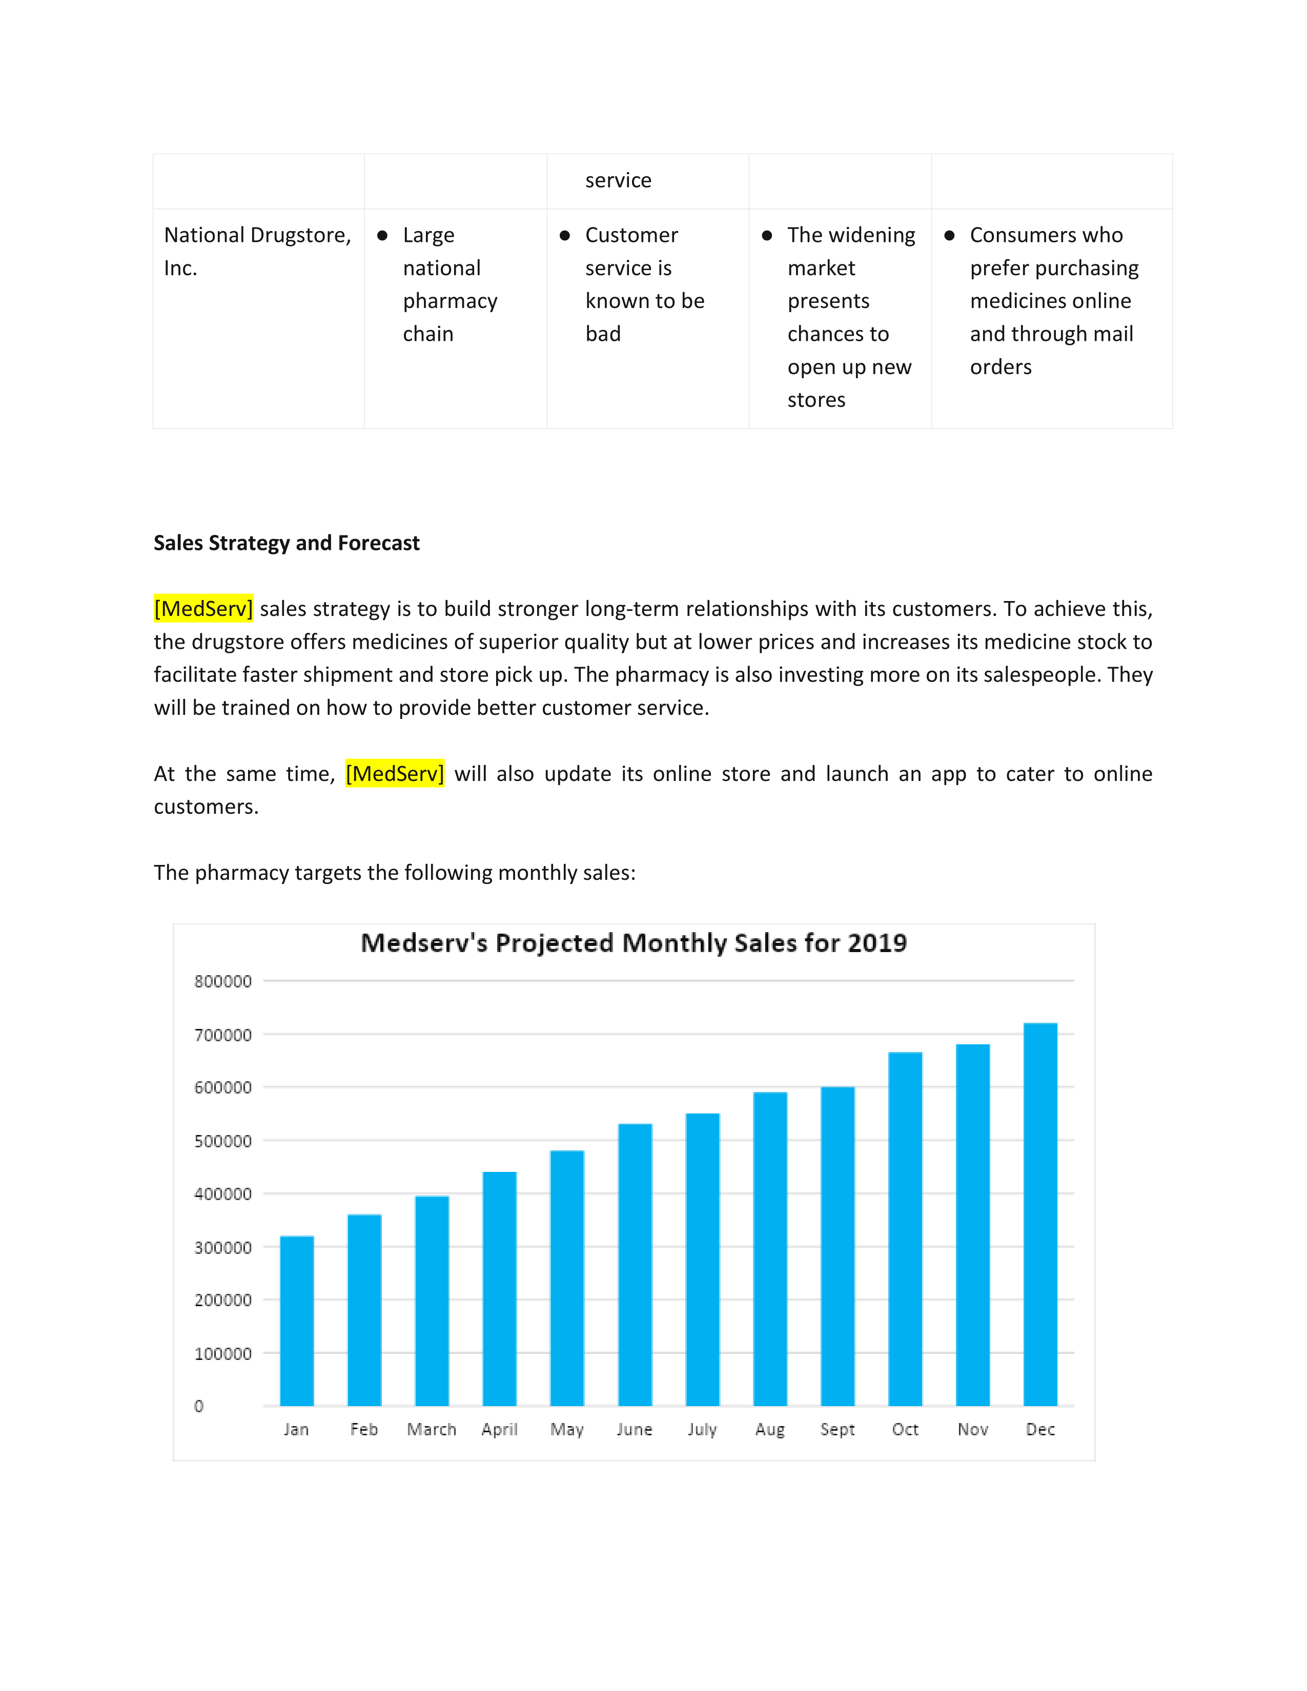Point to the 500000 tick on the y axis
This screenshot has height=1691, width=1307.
click(x=223, y=1141)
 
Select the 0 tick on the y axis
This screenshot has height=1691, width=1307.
click(x=199, y=1406)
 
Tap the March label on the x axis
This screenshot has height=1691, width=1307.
click(x=431, y=1429)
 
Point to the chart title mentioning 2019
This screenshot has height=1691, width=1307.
click(x=634, y=943)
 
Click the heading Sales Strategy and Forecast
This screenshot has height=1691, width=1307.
click(x=287, y=543)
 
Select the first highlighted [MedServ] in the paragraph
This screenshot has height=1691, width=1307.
click(x=203, y=609)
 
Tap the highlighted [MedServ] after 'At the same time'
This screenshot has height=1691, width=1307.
click(x=395, y=773)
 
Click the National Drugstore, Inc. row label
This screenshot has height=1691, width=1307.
click(x=257, y=251)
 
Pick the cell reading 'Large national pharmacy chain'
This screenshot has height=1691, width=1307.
click(x=450, y=284)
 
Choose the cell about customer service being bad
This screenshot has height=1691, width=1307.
click(x=644, y=284)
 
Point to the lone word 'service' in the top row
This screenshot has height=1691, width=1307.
click(x=618, y=180)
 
